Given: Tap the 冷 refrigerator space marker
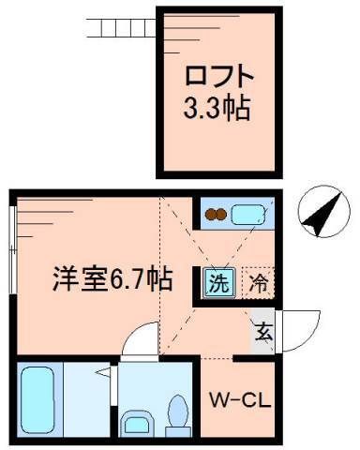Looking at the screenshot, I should pos(258,279).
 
